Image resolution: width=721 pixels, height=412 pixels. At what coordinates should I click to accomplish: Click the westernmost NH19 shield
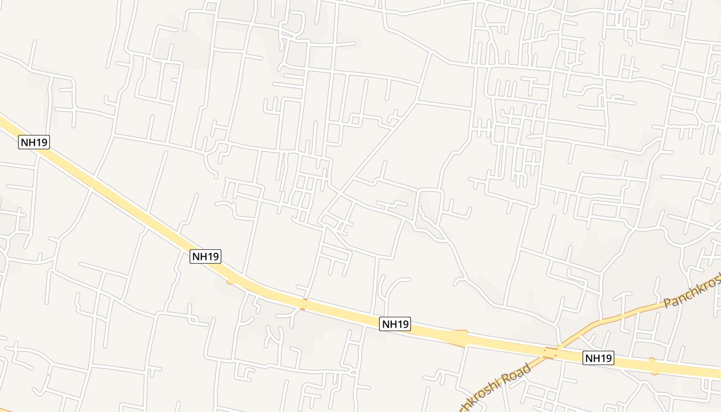coord(34,142)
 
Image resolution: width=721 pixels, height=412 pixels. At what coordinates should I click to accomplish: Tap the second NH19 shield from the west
coord(205,256)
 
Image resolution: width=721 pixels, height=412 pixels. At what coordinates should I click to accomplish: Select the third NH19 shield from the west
coord(395,324)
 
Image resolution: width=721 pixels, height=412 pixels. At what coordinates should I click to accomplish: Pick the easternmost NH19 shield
coord(598,357)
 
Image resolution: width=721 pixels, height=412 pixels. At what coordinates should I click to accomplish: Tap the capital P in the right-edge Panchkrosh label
coord(668,303)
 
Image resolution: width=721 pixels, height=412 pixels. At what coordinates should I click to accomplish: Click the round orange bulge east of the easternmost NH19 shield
coord(653,366)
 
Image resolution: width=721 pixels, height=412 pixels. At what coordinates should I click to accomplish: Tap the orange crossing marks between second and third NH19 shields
coord(304,304)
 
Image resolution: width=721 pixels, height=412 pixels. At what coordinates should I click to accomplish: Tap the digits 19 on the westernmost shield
coord(41,142)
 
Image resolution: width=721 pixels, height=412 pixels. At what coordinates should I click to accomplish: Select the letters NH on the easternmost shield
coord(592,357)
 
